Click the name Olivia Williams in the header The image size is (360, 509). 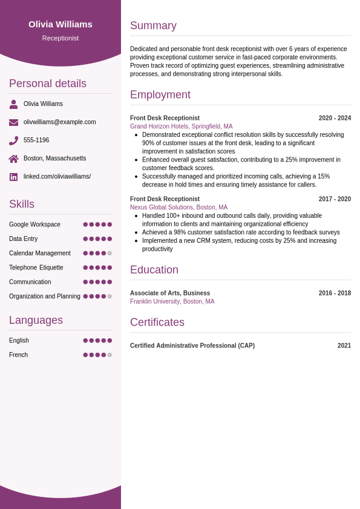(x=61, y=24)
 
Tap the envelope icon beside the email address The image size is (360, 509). (x=13, y=122)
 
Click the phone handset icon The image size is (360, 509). (x=13, y=140)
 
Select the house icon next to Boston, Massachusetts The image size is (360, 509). (x=13, y=159)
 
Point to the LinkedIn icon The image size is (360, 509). (x=13, y=177)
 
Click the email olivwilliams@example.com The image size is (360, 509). (x=59, y=122)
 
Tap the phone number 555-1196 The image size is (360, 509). (x=36, y=140)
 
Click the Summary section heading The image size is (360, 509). (x=153, y=25)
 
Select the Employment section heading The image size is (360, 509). (x=160, y=94)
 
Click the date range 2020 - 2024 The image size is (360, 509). (x=335, y=118)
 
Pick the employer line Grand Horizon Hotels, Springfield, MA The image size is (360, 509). (x=181, y=126)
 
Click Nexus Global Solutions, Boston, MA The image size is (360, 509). (x=178, y=207)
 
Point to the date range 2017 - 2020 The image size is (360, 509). (x=335, y=199)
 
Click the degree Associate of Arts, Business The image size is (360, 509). (x=170, y=293)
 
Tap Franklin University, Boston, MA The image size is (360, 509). (x=172, y=301)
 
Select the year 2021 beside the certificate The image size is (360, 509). (x=344, y=346)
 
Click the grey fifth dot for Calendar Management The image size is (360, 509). (x=110, y=253)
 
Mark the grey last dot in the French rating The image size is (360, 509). (x=110, y=355)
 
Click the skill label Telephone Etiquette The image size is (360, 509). (x=36, y=268)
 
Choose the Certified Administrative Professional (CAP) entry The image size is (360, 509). (x=192, y=346)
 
